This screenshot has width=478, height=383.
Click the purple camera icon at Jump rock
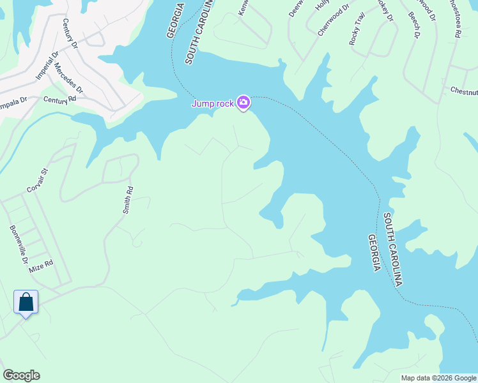243,102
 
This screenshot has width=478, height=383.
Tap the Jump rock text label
213,103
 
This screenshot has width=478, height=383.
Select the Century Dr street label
70,34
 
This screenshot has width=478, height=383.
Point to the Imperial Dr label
46,66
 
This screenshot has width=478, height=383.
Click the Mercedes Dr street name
69,78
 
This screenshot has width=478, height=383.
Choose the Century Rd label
59,100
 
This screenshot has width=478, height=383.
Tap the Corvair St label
38,180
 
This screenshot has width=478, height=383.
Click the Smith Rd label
128,199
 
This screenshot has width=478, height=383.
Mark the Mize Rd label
40,266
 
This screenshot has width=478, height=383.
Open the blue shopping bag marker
26,302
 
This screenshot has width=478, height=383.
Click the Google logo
21,375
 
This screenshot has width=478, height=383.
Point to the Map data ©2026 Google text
438,378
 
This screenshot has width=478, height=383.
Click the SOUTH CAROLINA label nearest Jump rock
197,32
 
